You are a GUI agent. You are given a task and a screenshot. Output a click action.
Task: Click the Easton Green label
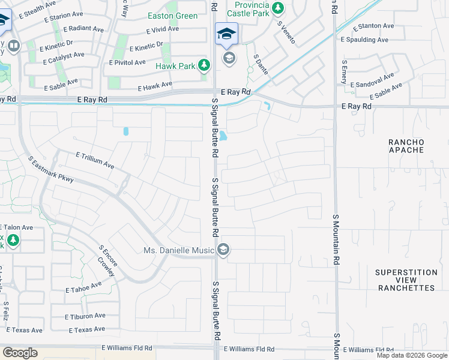coord(172,16)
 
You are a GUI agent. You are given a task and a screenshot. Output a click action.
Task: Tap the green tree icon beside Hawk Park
coord(204,65)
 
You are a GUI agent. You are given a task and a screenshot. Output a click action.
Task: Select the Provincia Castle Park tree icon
coord(277,8)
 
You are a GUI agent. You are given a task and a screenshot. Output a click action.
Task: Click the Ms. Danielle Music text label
coord(179,250)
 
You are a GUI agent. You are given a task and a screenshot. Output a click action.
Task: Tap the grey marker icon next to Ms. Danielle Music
coord(223,250)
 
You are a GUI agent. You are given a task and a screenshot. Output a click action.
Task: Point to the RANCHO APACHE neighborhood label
coord(406,147)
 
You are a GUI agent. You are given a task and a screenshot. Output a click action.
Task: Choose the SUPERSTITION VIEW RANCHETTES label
coord(405,280)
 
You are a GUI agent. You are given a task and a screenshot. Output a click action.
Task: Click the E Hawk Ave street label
coord(155,86)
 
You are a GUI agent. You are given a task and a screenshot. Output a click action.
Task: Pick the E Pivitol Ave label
coord(127,62)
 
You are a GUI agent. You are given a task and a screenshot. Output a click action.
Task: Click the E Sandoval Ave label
coord(372,81)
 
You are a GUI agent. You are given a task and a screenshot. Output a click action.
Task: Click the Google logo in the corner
coord(20,352)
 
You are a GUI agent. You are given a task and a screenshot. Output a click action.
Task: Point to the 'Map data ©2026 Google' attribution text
coord(412,355)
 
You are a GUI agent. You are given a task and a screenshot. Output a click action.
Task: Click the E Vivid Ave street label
coord(163,29)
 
